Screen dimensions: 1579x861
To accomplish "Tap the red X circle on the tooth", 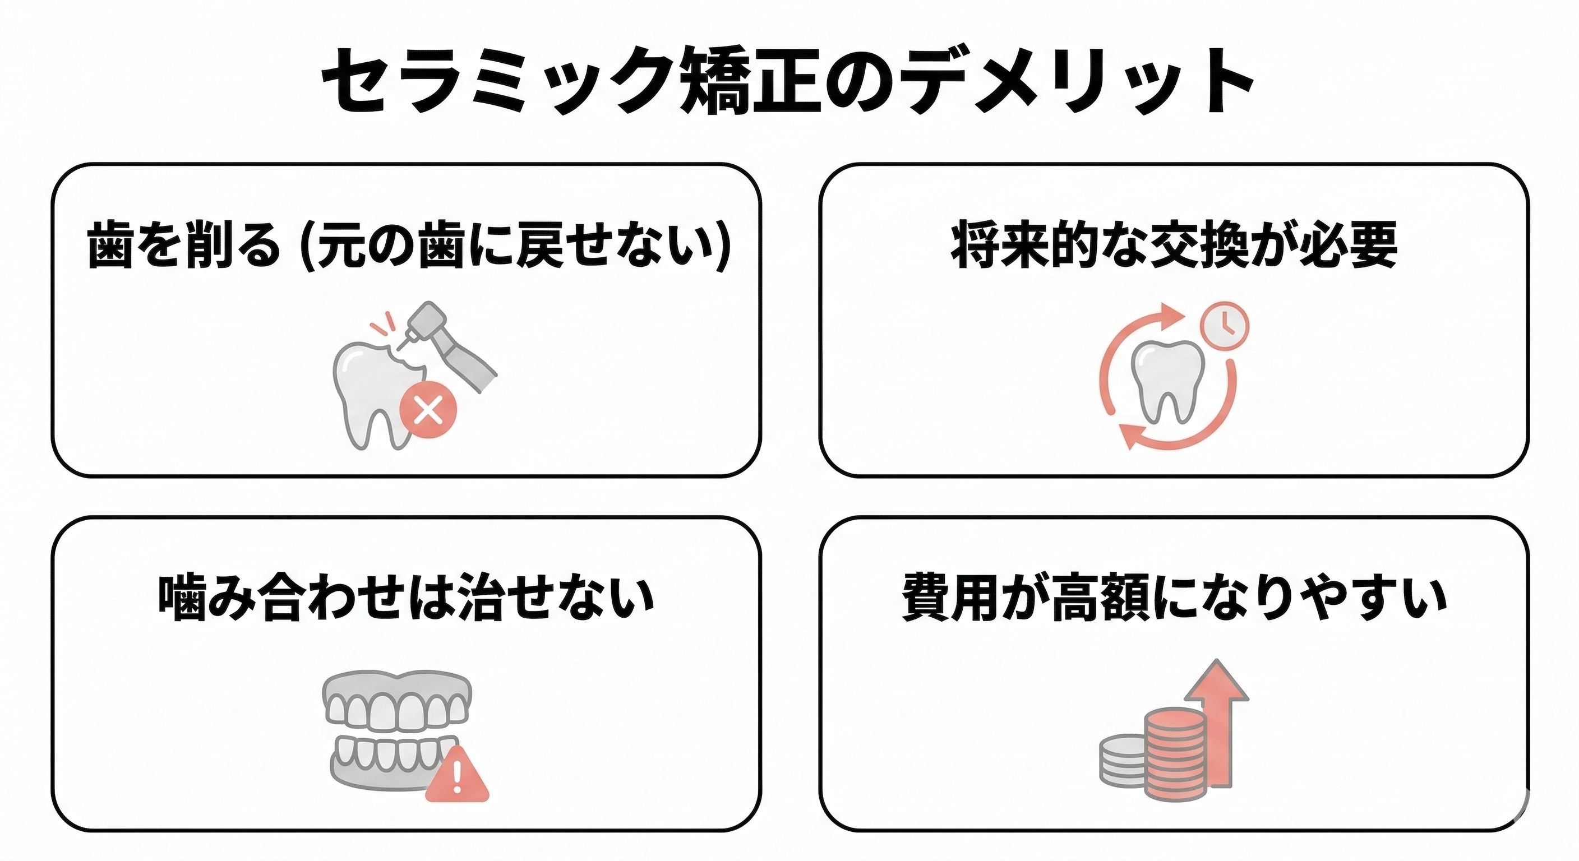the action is pos(428,409).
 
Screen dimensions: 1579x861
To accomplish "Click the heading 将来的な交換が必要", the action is pos(1174,246).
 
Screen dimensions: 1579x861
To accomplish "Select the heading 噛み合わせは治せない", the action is pos(406,597).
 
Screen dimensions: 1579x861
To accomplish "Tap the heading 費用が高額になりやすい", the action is pos(1174,597).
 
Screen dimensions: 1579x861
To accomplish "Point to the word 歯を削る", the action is pos(184,246).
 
